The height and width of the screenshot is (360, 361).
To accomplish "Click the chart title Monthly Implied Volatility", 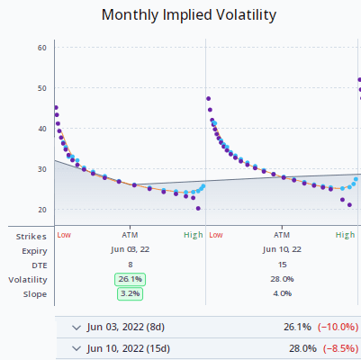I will pos(188,15).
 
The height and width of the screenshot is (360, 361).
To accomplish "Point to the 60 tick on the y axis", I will pos(41,48).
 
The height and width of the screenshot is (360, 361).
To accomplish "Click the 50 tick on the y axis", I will pos(41,88).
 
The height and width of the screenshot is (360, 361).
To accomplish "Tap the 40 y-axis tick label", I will pos(41,129).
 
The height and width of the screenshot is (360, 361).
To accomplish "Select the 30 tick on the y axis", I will pos(41,169).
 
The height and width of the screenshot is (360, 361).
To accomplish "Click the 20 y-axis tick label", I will pos(41,210).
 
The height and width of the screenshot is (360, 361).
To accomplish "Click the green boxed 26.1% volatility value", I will pos(130,279).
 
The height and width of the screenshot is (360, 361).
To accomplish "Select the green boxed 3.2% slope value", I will pos(130,293).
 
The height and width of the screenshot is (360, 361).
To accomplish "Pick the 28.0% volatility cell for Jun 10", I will pos(282,279).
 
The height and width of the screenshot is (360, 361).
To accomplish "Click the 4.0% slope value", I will pos(282,293).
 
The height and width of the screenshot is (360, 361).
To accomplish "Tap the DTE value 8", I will pos(130,264).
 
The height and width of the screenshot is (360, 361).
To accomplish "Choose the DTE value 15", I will pos(282,264).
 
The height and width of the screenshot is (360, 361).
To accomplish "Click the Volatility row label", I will pos(28,279).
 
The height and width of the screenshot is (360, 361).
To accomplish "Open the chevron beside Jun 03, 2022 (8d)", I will pos(76,327).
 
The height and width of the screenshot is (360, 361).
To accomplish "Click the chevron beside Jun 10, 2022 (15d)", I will pos(76,348).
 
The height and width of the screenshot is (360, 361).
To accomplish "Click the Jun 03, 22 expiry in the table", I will pos(130,249).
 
